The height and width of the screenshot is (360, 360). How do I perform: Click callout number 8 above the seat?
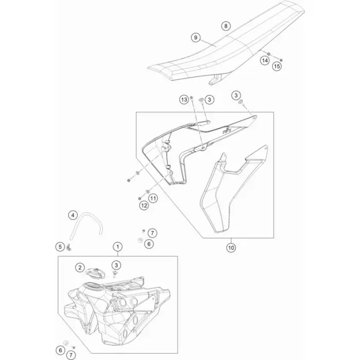tap(226, 26)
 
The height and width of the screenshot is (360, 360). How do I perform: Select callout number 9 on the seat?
tap(195, 38)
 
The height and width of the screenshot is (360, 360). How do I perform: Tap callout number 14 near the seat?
tap(265, 61)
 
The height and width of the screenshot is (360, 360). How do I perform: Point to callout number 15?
tap(277, 66)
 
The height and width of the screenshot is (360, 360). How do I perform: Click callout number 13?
tap(184, 100)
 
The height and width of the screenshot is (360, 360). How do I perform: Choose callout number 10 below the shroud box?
tap(231, 248)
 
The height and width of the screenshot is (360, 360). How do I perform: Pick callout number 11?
tap(153, 198)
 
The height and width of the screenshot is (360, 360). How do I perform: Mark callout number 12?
tap(144, 206)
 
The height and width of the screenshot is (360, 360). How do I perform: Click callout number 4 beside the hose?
tap(73, 215)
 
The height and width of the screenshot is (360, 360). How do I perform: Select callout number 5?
tap(60, 247)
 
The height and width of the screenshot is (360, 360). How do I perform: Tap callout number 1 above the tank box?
tap(118, 247)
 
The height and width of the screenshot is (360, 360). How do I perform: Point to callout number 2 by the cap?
tap(80, 267)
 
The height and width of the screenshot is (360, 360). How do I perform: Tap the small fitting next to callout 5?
tap(68, 248)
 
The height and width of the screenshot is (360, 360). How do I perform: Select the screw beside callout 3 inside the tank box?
tap(115, 274)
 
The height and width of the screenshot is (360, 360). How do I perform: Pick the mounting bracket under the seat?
tap(215, 79)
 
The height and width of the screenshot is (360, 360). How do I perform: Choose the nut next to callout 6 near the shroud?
tap(140, 240)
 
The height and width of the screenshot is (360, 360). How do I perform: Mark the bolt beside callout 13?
tap(191, 99)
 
